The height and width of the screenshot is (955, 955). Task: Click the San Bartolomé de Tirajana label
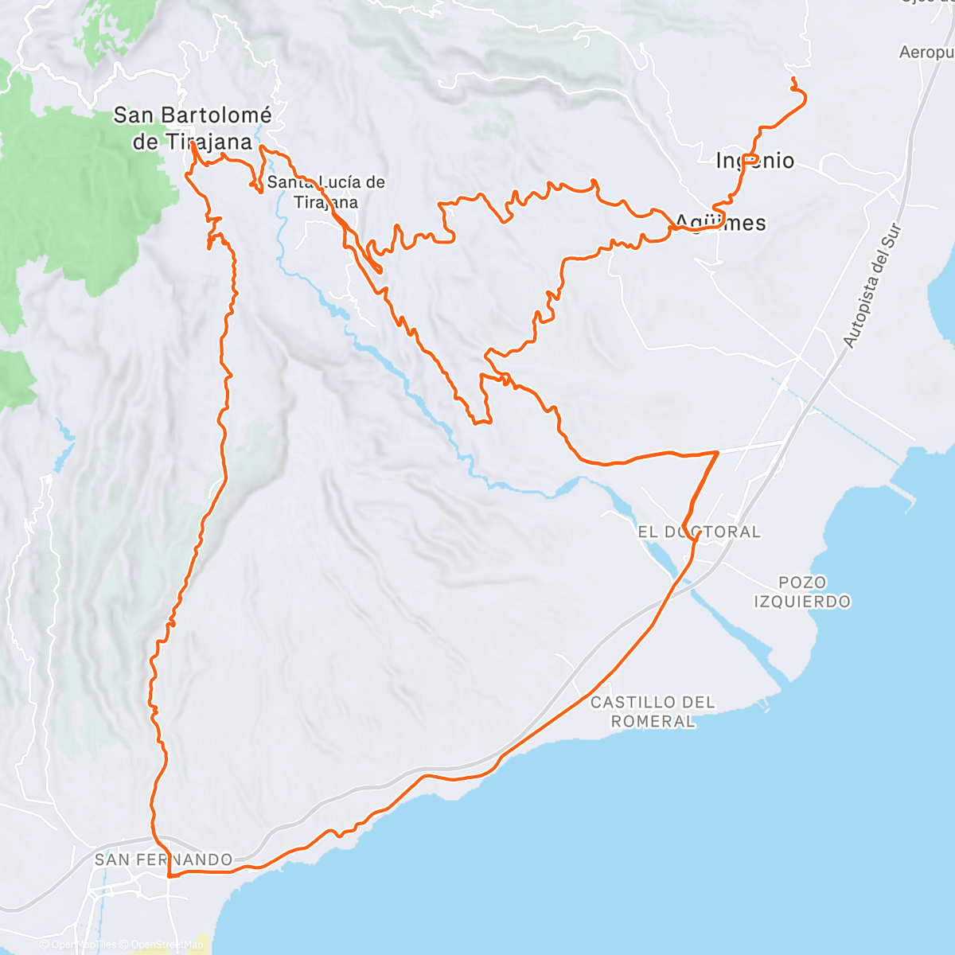pos(192,128)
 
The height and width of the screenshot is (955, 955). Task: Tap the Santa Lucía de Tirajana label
pos(325,192)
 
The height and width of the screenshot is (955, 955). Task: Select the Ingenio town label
pos(754,161)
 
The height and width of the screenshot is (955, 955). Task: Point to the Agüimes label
pos(721,223)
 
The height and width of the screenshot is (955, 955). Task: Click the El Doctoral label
pos(699,532)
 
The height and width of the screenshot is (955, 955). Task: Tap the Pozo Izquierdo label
pos(802,592)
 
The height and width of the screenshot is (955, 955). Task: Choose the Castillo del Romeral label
pos(653,711)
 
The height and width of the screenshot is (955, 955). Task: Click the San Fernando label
pos(163,859)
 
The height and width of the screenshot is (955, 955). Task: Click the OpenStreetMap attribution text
pos(167,945)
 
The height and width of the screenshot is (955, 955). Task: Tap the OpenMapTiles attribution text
pos(84,945)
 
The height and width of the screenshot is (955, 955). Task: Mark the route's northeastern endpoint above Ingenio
pos(793,77)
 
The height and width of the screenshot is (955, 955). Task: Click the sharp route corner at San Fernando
pos(169,875)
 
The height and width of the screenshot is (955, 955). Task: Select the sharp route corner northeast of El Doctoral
pos(718,452)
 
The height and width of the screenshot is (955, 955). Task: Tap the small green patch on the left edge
pos(16,379)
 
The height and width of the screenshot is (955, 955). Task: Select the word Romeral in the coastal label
pos(653,722)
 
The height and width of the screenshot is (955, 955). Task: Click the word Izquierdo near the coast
pos(802,602)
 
